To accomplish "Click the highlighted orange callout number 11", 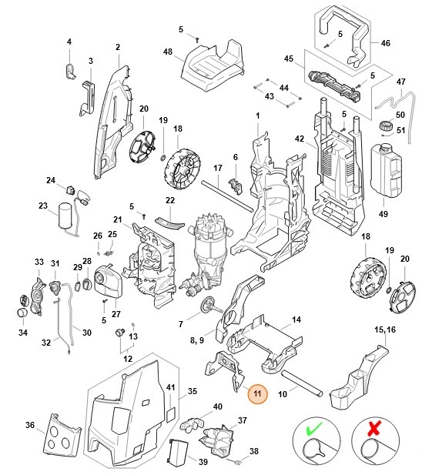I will coord(258,393).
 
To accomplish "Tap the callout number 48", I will coord(168,52).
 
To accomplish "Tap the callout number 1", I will coord(257,115).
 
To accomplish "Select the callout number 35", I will coord(193,391).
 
